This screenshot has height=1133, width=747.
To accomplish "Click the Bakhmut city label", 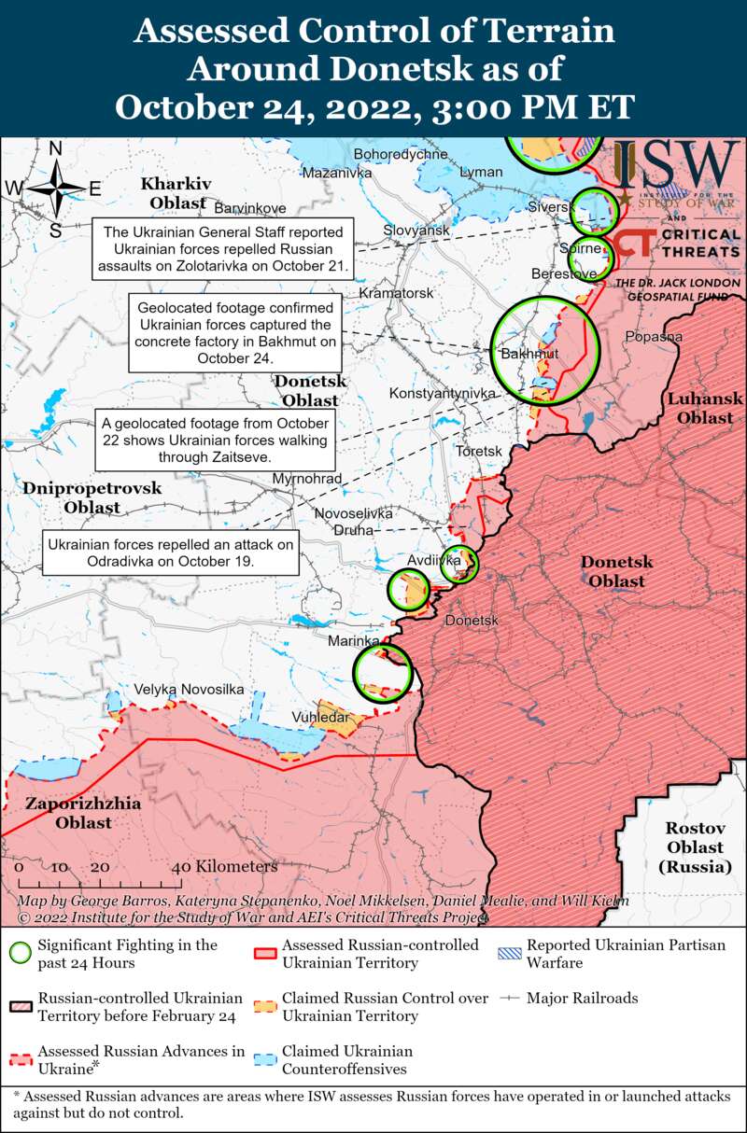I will pyautogui.click(x=529, y=355).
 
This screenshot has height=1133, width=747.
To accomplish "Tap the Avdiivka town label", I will pyautogui.click(x=434, y=560).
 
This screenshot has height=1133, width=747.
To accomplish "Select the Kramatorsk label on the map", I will pyautogui.click(x=402, y=293).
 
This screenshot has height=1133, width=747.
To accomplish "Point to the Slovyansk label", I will pyautogui.click(x=416, y=230).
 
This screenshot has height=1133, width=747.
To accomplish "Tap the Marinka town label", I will pyautogui.click(x=353, y=641).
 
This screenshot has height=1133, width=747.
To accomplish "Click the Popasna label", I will pyautogui.click(x=654, y=337).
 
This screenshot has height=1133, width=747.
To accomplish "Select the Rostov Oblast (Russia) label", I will pyautogui.click(x=695, y=846).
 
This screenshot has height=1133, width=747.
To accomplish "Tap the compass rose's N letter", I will pyautogui.click(x=55, y=149).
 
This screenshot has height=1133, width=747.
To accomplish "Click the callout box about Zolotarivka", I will pyautogui.click(x=223, y=249).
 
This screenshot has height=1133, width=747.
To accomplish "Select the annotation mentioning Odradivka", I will pyautogui.click(x=171, y=553).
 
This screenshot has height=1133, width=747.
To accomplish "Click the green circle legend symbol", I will pyautogui.click(x=20, y=953).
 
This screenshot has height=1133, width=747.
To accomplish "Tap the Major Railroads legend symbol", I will pyautogui.click(x=508, y=998).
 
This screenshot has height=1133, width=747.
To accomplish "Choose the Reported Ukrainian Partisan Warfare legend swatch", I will pyautogui.click(x=508, y=953).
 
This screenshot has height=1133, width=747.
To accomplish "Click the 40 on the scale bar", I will pyautogui.click(x=183, y=867).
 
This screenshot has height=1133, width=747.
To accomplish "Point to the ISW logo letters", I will pyautogui.click(x=676, y=167).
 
